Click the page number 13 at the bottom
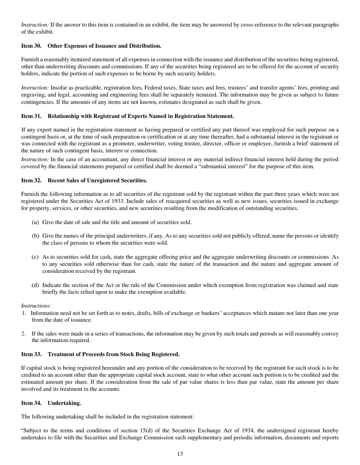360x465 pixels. point(180,454)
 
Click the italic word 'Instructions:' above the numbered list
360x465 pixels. point(36,306)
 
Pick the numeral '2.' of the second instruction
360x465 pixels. point(24,333)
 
